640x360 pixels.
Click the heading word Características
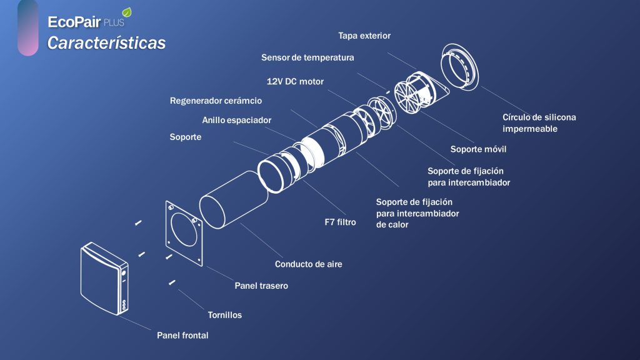[107, 43]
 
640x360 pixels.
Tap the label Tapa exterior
[364, 36]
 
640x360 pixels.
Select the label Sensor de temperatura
[307, 57]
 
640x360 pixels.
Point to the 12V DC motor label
[295, 81]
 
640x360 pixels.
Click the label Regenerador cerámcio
[216, 100]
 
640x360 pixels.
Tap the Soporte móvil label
[478, 149]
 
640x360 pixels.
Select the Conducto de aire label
[308, 264]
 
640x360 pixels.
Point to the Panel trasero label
[261, 286]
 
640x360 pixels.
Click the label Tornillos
[224, 315]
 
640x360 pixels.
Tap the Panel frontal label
[182, 336]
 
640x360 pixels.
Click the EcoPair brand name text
[74, 22]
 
